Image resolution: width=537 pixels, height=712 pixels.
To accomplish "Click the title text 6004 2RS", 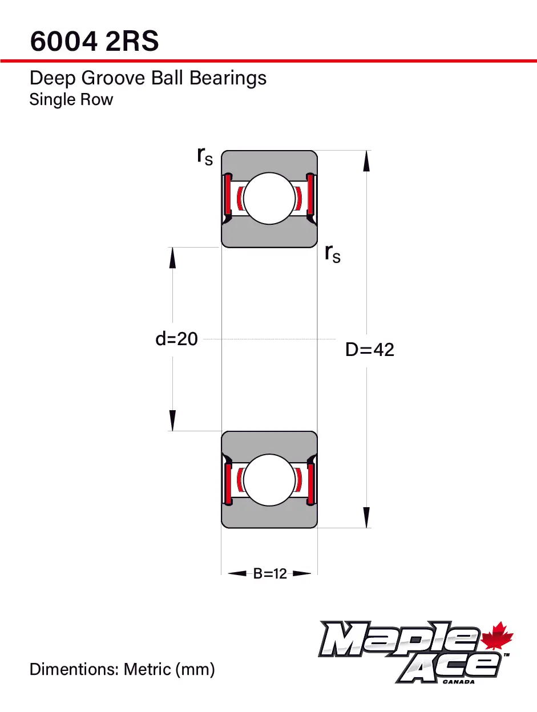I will tap(94, 41).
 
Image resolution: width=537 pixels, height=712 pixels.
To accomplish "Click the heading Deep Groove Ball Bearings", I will tap(148, 78).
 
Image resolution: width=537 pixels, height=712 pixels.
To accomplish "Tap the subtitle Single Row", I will tap(71, 99).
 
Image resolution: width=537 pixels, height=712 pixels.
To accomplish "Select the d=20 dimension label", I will tap(176, 339).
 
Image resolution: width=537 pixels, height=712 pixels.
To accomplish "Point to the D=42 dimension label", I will tap(370, 349).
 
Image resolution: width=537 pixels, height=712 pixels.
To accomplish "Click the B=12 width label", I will tap(270, 573).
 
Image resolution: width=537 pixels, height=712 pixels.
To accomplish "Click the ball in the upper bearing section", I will tap(269, 199).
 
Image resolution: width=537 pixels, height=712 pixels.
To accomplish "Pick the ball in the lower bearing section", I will tap(269, 479).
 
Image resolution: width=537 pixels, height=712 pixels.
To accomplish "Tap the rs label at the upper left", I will tap(204, 155).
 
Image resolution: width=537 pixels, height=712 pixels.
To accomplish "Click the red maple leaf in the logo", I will tap(498, 637).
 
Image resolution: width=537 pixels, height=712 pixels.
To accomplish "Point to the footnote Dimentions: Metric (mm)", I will tap(122, 669).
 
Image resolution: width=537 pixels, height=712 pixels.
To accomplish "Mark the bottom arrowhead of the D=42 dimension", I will tap(366, 517).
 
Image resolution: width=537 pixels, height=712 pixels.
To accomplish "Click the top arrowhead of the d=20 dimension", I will tap(172, 258).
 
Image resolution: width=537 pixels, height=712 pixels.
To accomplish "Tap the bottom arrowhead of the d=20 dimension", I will tap(172, 420).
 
